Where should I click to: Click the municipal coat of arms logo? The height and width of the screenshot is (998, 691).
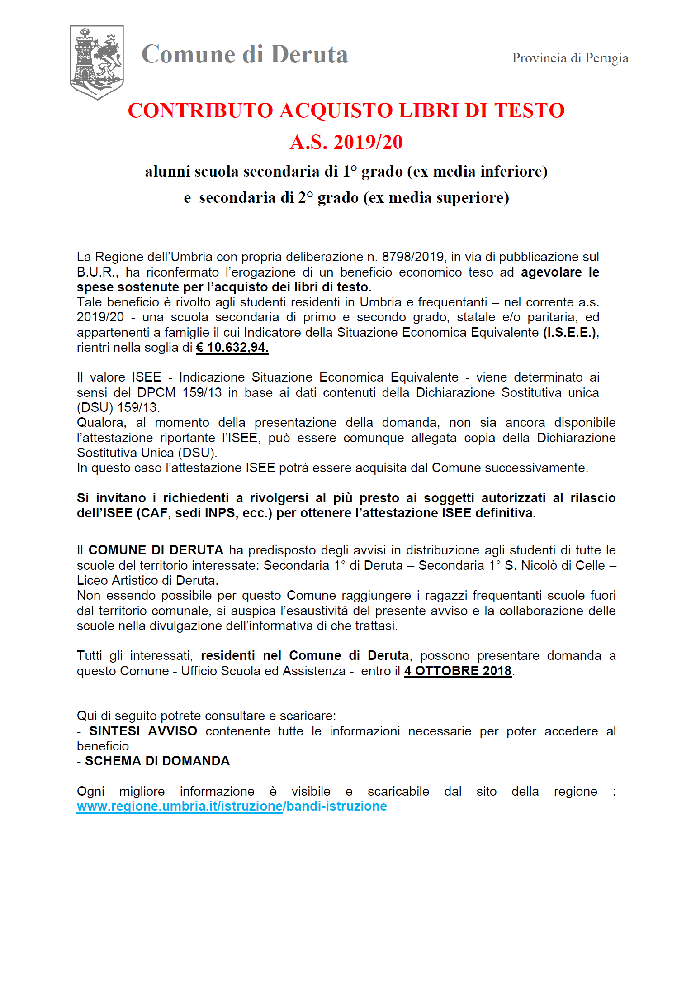pyautogui.click(x=96, y=62)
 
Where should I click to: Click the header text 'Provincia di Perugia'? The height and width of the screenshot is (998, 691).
pyautogui.click(x=570, y=58)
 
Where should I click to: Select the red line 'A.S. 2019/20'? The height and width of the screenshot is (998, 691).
pyautogui.click(x=346, y=142)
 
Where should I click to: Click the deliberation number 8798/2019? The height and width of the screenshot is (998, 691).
pyautogui.click(x=412, y=257)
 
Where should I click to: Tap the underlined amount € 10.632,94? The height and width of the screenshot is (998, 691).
pyautogui.click(x=232, y=348)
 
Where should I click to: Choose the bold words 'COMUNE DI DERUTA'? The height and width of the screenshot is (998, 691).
pyautogui.click(x=156, y=550)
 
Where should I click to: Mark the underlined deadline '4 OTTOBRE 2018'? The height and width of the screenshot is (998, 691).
pyautogui.click(x=457, y=671)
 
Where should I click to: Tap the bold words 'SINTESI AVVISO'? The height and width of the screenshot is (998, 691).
pyautogui.click(x=143, y=731)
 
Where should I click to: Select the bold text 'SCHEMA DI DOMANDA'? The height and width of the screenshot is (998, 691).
pyautogui.click(x=157, y=761)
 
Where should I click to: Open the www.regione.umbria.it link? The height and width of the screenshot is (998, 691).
pyautogui.click(x=232, y=806)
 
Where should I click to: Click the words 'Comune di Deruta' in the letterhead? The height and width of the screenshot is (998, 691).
pyautogui.click(x=245, y=55)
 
